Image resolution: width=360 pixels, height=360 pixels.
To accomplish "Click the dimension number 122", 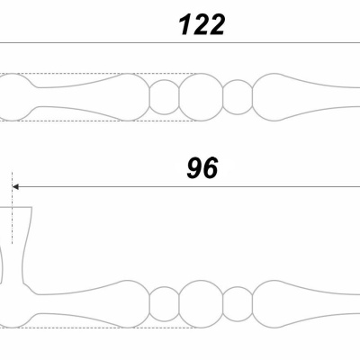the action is click(x=202, y=25).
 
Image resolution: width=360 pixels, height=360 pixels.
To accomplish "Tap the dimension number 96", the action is click(x=202, y=168).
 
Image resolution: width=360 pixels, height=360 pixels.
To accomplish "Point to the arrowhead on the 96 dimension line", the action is click(x=15, y=187).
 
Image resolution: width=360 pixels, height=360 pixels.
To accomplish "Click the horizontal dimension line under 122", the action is click(x=180, y=43).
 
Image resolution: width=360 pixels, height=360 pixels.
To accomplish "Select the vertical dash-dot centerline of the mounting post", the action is click(x=12, y=208).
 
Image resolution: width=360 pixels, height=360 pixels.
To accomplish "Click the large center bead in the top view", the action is click(x=202, y=97).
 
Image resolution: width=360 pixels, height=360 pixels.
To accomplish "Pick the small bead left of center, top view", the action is click(x=165, y=97).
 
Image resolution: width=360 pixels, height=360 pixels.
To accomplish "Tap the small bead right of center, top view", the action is click(x=238, y=97).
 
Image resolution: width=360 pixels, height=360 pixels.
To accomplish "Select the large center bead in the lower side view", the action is click(x=202, y=304).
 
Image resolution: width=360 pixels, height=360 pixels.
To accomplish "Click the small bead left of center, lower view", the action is click(x=165, y=304).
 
